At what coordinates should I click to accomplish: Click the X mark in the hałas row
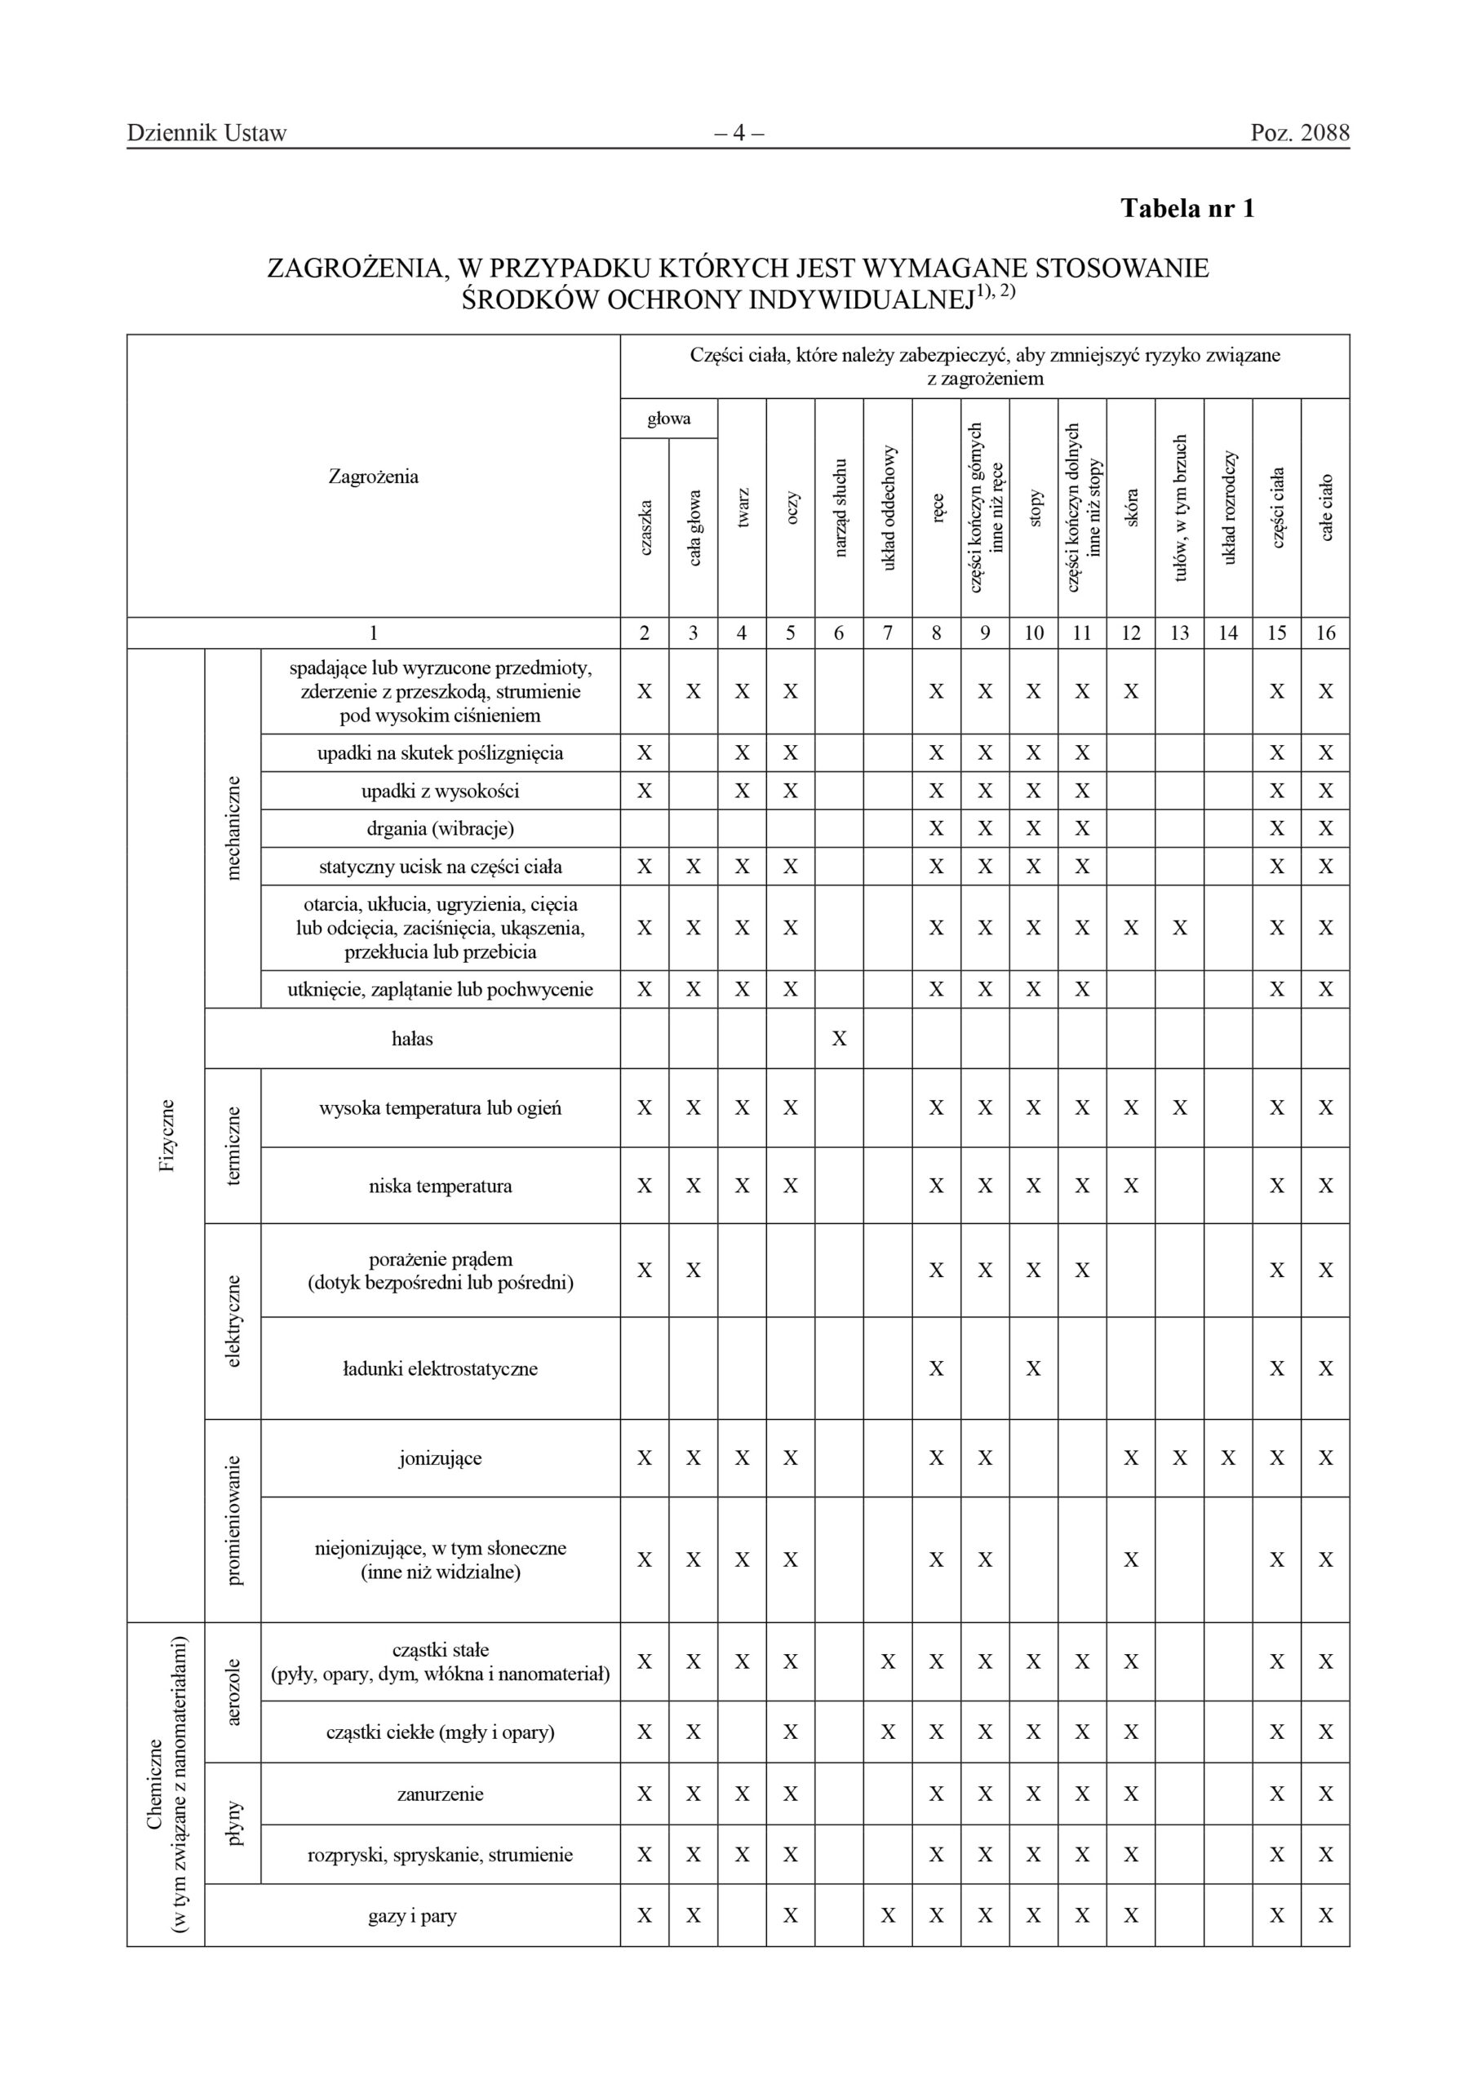838,1038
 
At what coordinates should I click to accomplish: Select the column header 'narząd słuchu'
840,508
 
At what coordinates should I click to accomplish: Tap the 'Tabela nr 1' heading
1186,208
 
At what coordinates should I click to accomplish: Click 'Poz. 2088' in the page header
1300,133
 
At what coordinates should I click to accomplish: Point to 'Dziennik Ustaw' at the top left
206,133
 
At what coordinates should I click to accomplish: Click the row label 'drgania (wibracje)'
441,828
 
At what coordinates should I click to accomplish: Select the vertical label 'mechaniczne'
233,827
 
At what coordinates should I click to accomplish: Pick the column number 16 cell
1325,632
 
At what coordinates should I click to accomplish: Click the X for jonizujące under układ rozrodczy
1227,1458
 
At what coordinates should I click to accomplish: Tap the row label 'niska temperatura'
441,1186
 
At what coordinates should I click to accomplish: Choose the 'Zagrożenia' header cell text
373,477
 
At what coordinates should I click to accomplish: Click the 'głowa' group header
669,419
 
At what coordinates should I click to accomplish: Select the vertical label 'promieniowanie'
233,1520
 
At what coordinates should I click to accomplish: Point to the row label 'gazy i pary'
412,1915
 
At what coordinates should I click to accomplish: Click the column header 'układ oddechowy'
888,508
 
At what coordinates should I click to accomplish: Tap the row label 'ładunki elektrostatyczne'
441,1368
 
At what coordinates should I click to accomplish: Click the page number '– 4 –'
738,133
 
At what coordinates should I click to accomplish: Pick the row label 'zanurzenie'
441,1794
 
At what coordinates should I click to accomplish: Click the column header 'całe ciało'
1326,508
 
